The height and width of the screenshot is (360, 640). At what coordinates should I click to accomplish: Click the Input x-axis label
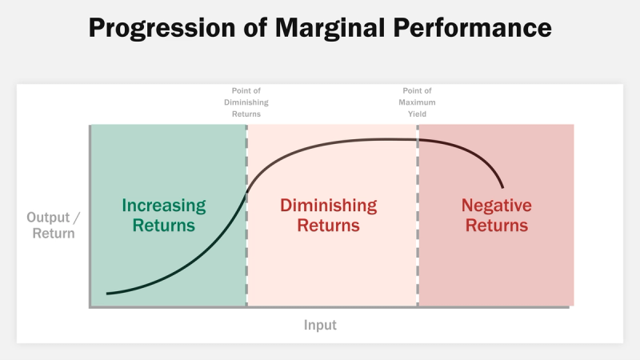(x=320, y=325)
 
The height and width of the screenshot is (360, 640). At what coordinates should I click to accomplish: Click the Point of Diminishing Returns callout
(x=246, y=102)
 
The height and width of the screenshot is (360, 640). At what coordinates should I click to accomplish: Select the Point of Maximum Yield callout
(x=416, y=102)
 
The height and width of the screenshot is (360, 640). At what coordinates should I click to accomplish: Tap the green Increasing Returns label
(x=164, y=215)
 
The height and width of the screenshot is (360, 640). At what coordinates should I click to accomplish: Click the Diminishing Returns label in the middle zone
(x=328, y=215)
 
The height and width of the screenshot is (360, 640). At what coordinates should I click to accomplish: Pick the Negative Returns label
(x=496, y=215)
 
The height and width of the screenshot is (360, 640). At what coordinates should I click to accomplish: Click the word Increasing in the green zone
(x=164, y=206)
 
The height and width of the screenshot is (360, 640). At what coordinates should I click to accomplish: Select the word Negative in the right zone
(x=496, y=206)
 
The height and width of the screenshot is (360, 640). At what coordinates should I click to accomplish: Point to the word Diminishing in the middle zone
(x=328, y=206)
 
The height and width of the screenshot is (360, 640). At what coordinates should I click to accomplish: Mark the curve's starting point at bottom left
(x=107, y=294)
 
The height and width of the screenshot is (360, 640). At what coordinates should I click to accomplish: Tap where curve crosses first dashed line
(x=246, y=190)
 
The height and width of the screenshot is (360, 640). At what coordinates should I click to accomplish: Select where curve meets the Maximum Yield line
(x=417, y=140)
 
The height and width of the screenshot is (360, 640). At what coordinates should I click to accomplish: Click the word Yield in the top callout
(x=416, y=114)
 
